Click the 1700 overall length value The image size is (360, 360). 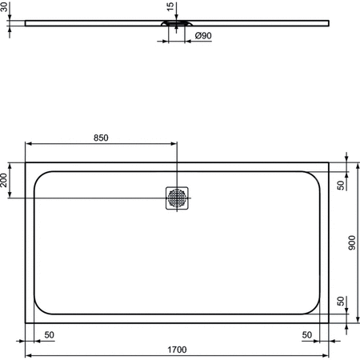coord(178,349)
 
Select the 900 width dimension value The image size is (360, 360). coord(353,242)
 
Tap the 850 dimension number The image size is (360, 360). coord(102,138)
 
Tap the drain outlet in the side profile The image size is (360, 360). coord(178,24)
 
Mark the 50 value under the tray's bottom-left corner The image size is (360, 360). coord(50,335)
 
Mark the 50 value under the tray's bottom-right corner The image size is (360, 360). coord(307,335)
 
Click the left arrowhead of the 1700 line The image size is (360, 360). coord(29,354)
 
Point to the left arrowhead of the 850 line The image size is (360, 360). coord(29,144)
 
